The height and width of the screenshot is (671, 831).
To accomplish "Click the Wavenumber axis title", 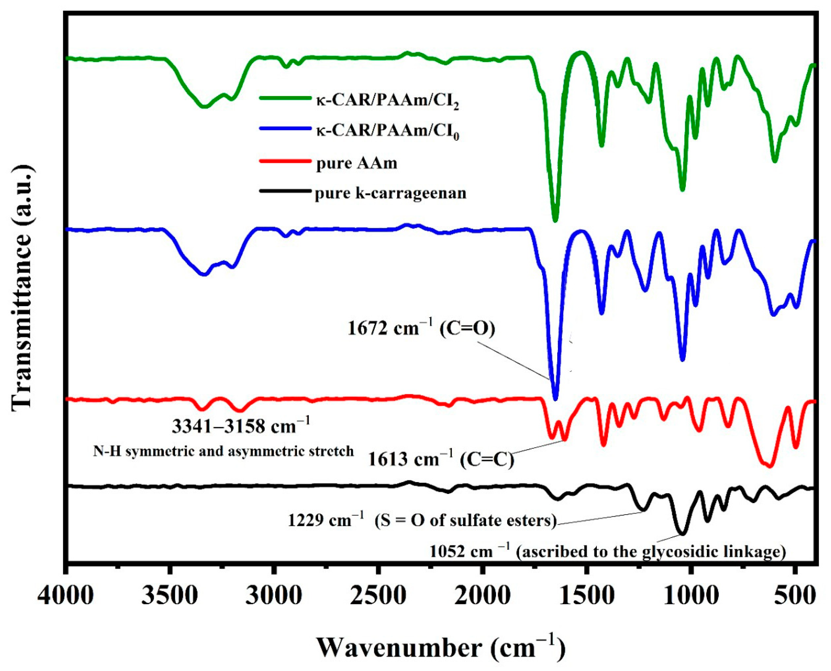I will [441, 648].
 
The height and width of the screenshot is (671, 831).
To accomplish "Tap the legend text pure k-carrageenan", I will [390, 193].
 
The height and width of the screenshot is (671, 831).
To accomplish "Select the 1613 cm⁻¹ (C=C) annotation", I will [441, 460].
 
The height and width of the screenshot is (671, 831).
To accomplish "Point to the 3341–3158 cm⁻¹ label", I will [241, 427].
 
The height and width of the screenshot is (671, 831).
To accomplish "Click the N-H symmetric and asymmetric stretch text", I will [223, 451].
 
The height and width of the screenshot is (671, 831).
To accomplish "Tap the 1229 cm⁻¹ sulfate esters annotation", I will [422, 520].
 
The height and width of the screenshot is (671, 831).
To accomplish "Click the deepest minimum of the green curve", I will [555, 221].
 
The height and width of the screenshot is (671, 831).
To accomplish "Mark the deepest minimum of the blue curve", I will [555, 399].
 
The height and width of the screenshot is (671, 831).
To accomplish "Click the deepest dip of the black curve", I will [683, 534].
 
